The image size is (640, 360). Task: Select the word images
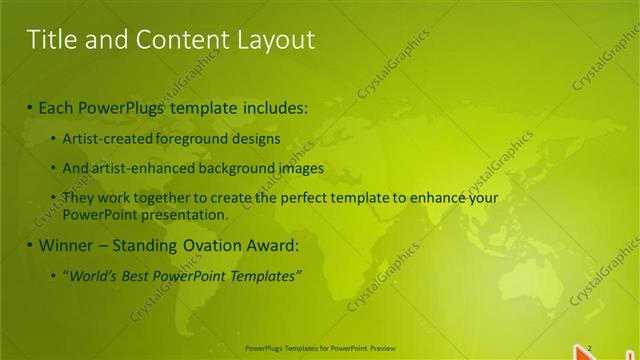point(295,168)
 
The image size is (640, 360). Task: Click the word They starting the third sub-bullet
point(79,198)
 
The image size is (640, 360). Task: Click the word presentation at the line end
point(185,214)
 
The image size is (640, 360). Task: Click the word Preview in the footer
point(384,348)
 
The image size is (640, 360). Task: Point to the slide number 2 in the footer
point(589,347)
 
